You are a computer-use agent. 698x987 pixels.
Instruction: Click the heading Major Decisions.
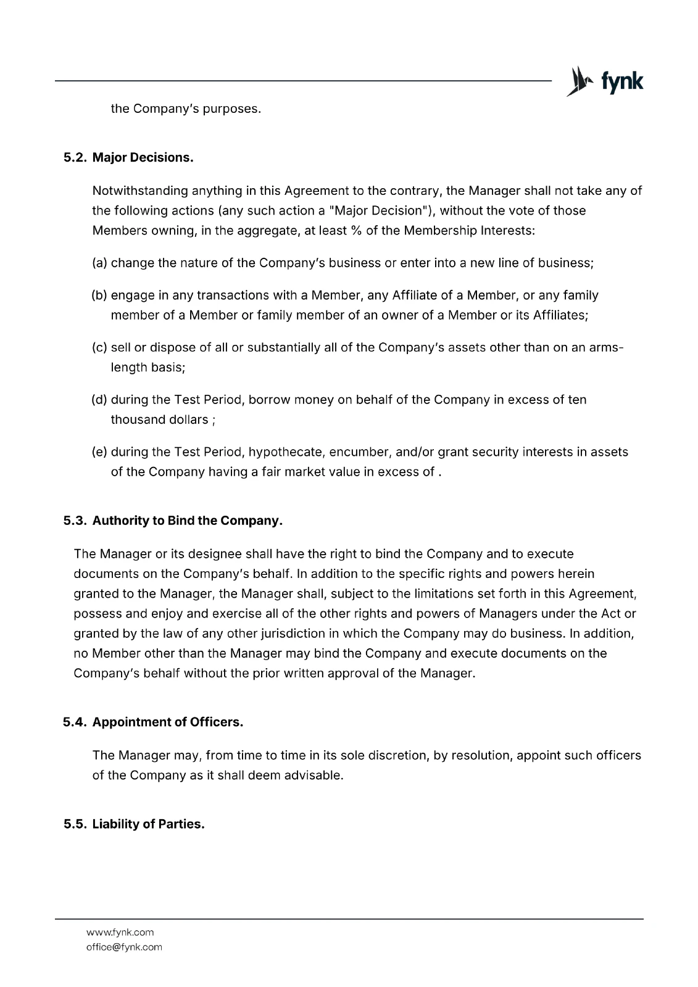143,157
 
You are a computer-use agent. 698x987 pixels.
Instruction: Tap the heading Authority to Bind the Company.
188,521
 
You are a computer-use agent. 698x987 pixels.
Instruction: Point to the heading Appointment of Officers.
168,722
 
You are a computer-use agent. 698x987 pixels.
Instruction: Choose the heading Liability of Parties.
148,824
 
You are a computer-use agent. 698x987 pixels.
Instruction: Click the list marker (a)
99,263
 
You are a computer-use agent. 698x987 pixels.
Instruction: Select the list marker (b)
99,295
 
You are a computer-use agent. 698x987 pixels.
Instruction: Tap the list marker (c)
99,347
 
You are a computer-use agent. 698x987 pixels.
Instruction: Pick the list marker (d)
99,400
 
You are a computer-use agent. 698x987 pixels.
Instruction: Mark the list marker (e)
99,452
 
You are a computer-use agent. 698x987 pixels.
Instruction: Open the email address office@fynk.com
124,947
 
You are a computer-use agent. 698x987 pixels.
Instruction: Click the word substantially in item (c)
276,347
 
